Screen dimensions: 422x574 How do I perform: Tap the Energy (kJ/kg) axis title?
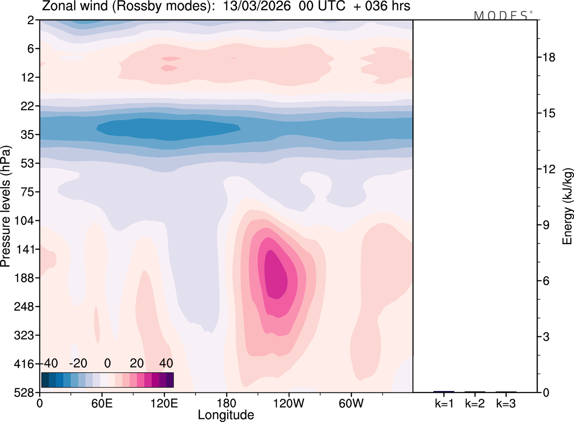tap(568, 206)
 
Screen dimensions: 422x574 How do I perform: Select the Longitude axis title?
tap(226, 415)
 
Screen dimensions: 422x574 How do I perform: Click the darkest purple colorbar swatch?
tap(170, 379)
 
